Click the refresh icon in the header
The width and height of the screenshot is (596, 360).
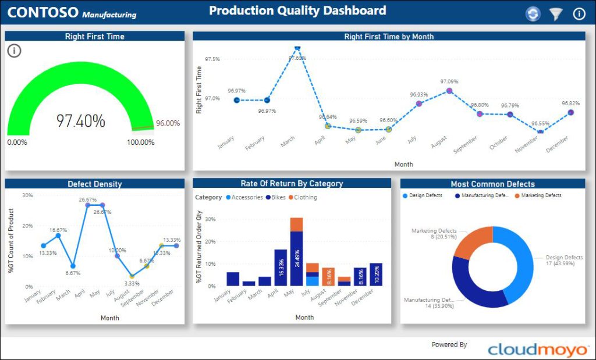point(533,14)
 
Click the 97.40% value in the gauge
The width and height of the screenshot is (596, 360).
point(81,121)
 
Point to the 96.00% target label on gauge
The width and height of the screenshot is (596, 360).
point(168,123)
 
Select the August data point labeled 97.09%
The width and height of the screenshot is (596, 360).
point(449,91)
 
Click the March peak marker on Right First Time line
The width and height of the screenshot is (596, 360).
point(297,48)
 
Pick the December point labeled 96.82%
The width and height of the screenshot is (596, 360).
point(570,112)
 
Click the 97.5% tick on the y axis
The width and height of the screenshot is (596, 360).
point(212,59)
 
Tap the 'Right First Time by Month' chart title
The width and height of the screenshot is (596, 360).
point(389,37)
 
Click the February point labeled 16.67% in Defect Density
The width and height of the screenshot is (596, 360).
point(58,236)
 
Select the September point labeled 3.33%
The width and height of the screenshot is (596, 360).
point(132,276)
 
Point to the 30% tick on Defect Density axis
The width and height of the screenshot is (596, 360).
point(27,195)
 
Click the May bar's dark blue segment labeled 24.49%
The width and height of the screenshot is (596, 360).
point(296,258)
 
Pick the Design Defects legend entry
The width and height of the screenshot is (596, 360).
point(423,196)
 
